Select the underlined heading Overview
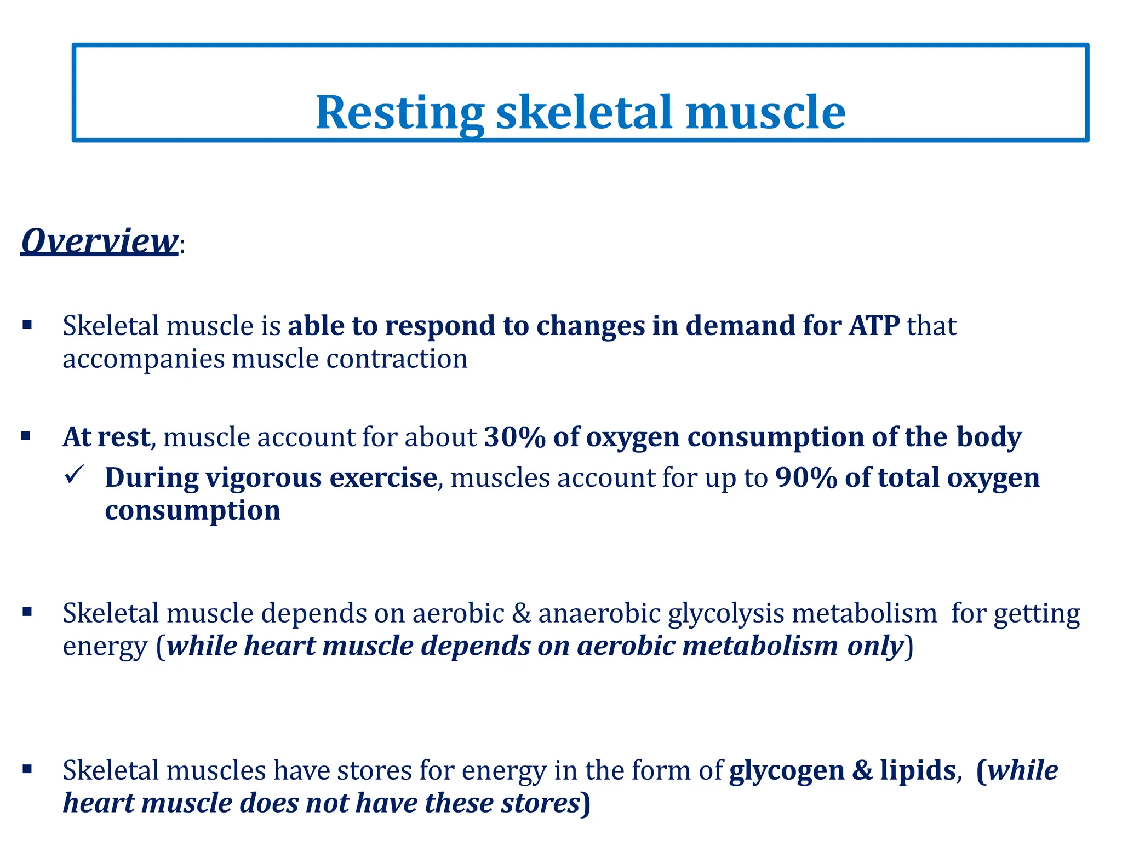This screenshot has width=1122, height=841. click(99, 241)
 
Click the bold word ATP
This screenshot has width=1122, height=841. click(874, 326)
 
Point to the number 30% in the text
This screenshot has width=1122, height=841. click(514, 437)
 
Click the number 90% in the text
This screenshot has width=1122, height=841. click(806, 478)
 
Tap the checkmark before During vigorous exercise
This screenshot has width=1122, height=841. click(73, 475)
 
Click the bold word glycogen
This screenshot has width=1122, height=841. click(787, 770)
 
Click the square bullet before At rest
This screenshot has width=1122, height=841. click(26, 436)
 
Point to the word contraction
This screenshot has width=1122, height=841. click(397, 360)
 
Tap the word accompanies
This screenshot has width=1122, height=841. click(144, 360)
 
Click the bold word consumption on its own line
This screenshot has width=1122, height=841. click(192, 511)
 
